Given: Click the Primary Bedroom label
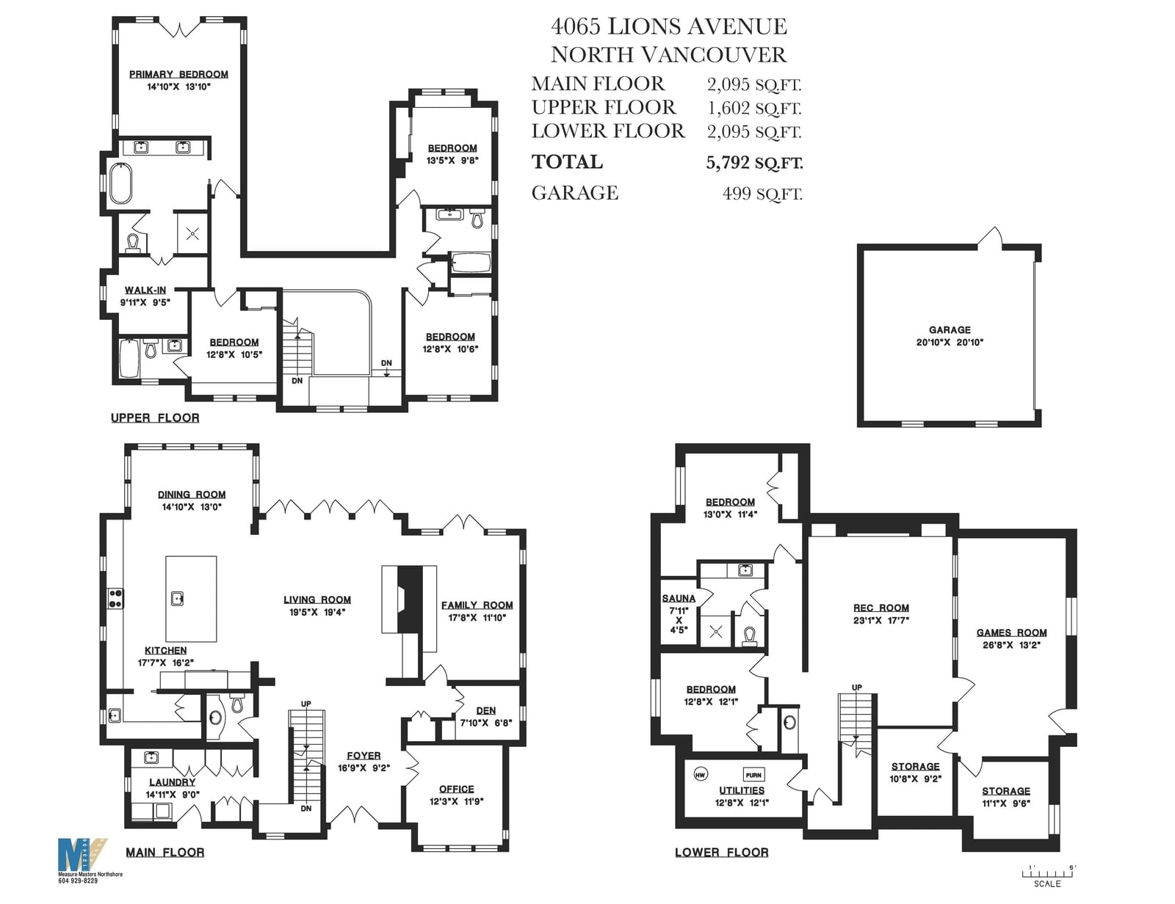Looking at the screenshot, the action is [x=178, y=75].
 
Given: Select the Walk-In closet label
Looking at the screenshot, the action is [x=145, y=290].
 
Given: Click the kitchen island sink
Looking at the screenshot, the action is [x=178, y=598].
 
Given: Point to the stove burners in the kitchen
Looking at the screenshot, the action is [x=115, y=598].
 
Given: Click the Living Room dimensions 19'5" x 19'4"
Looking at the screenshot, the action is [x=317, y=612].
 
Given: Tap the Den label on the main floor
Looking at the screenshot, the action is [x=485, y=711].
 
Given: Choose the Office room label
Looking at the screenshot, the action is [x=456, y=789].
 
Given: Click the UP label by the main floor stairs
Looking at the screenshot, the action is [x=306, y=704].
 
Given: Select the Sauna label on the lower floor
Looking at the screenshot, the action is [x=679, y=598].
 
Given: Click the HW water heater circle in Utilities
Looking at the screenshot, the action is [x=701, y=775].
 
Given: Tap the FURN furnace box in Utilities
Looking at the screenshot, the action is [x=753, y=775].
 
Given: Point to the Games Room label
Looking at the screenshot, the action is [x=1011, y=633].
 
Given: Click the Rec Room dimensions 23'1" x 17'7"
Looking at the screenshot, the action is [x=881, y=621].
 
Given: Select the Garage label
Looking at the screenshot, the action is [x=950, y=329].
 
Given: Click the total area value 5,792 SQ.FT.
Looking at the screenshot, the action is [x=754, y=163].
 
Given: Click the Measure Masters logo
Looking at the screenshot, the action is [x=82, y=854].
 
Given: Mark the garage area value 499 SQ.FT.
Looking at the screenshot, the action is [x=762, y=193].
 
